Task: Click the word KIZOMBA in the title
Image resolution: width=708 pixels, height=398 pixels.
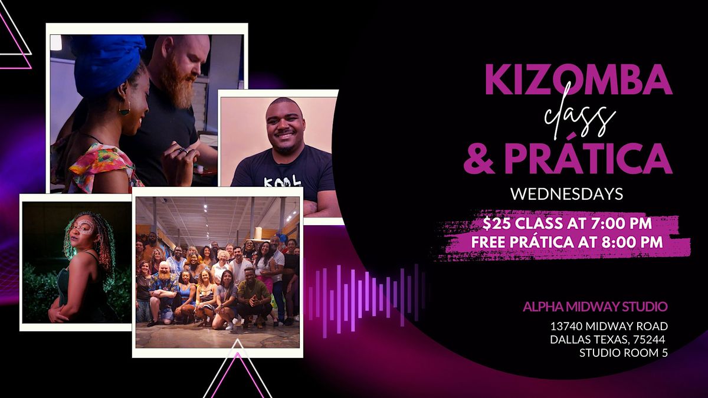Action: tap(578, 81)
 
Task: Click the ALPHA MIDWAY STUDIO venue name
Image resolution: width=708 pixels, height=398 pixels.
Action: tap(595, 307)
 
